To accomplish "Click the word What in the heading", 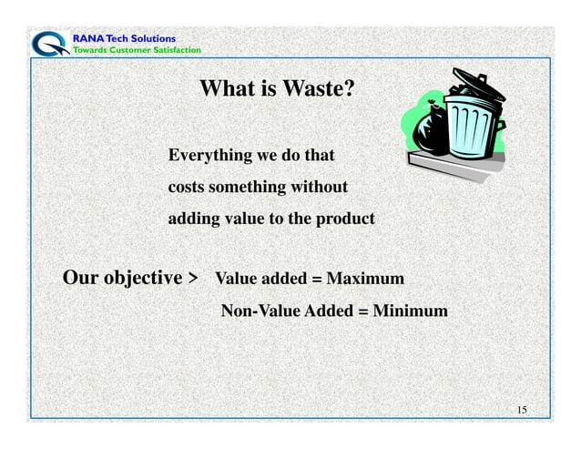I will (x=224, y=89).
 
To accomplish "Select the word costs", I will (x=187, y=189).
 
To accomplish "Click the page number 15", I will (x=521, y=409).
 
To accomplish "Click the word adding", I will (x=192, y=220).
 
